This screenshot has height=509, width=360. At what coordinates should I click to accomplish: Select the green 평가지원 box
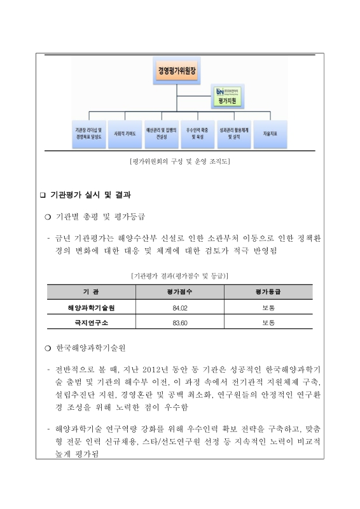pos(230,100)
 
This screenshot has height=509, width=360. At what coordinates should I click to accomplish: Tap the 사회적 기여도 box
pos(125,135)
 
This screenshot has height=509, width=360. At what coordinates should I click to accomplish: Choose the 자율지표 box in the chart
pos(270,135)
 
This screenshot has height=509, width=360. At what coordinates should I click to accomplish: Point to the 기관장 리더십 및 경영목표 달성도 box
pos(89,135)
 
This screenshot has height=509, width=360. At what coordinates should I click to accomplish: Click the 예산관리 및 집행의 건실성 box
pos(162,135)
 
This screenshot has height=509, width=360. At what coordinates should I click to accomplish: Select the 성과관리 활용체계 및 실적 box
pos(233,135)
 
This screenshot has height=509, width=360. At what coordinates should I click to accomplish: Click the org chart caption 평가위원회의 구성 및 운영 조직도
pos(179,161)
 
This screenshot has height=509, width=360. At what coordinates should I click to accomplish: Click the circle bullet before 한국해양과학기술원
pos(47,349)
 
